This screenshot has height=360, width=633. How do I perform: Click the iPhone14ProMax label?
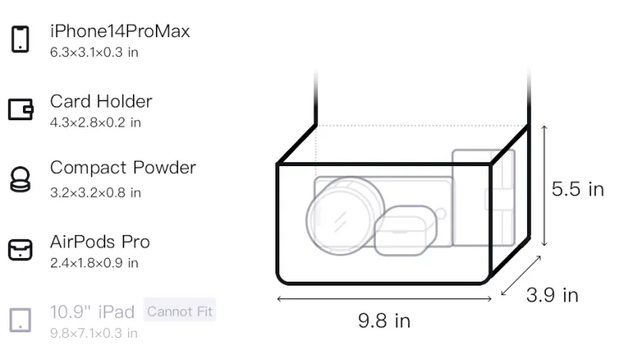point(120,32)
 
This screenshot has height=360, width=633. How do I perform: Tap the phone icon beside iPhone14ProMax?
point(21,39)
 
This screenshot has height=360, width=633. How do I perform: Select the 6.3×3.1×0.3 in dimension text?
point(94,52)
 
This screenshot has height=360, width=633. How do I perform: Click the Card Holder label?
point(101,101)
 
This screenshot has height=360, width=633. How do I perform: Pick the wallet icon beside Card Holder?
point(21,109)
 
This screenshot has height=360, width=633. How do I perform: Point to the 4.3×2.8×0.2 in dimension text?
point(95,123)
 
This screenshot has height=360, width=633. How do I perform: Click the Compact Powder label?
point(123,168)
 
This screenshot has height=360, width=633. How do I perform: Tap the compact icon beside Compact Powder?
point(21,179)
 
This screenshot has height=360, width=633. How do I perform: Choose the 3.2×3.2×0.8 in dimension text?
point(95,193)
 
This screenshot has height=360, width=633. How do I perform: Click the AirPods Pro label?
point(100,242)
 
